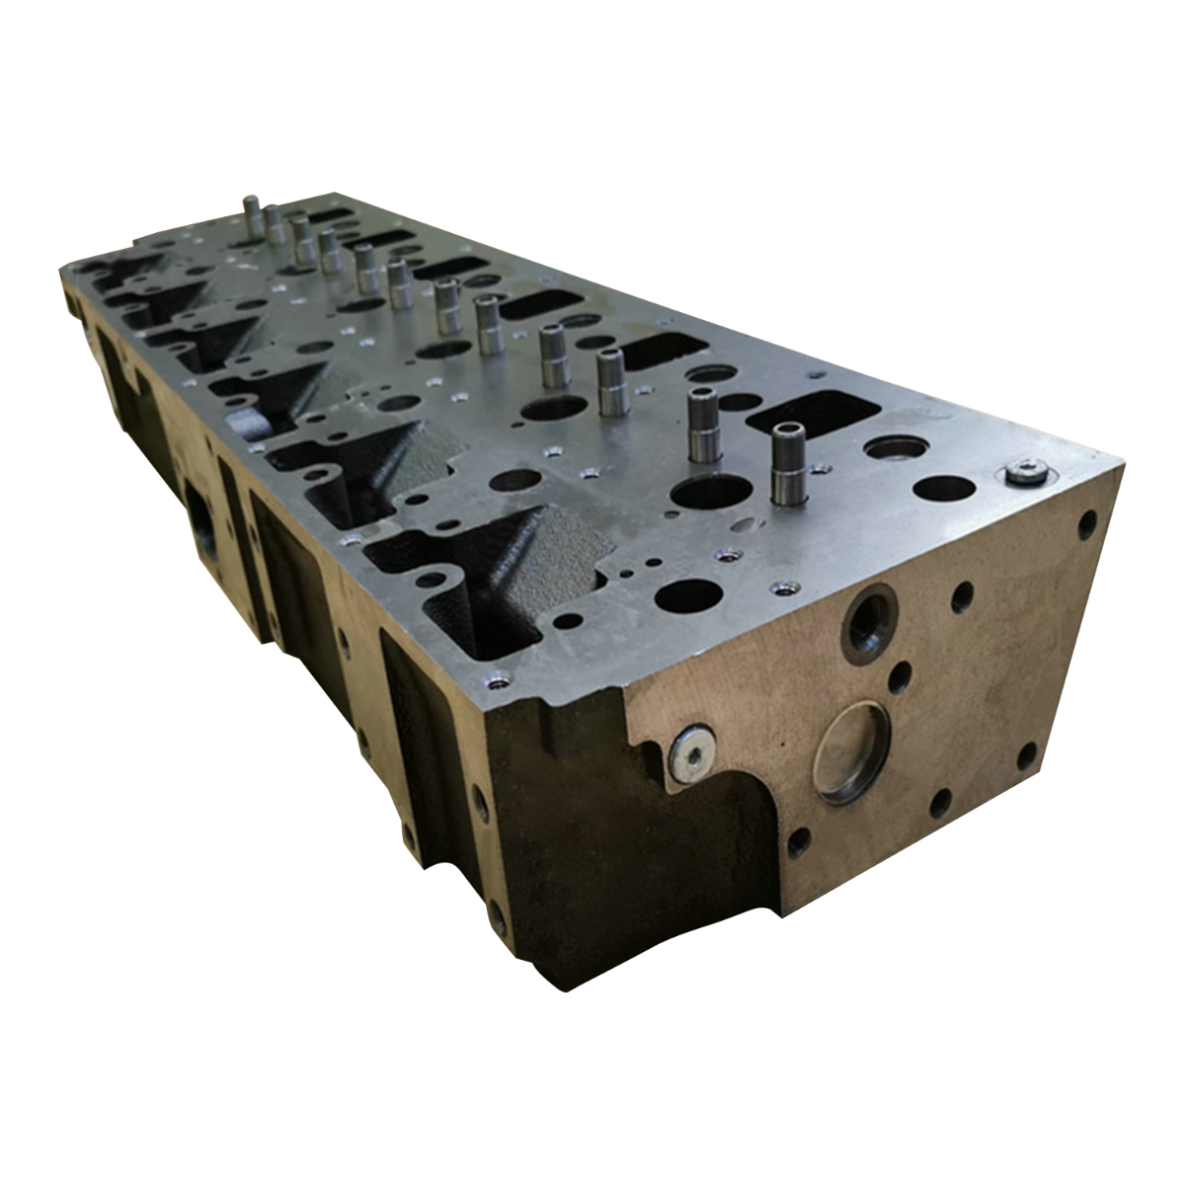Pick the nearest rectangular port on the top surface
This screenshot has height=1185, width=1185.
(x=817, y=414)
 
